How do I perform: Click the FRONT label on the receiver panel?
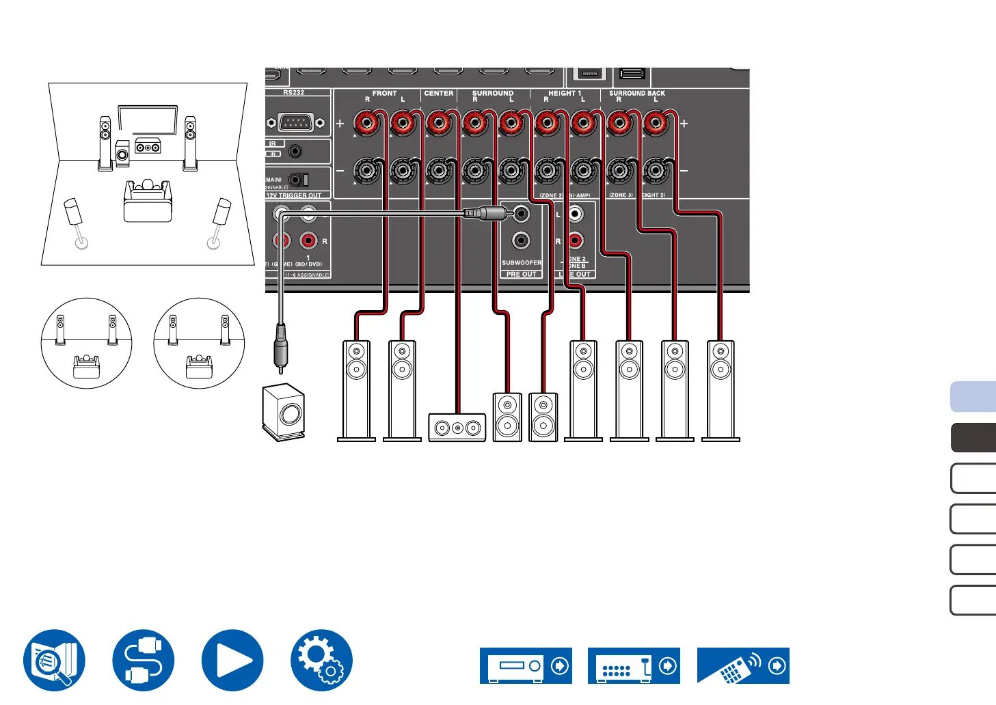pyautogui.click(x=384, y=93)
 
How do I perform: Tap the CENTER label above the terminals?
pyautogui.click(x=439, y=93)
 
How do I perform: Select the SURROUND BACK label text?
pyautogui.click(x=636, y=93)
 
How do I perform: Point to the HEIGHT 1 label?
pyautogui.click(x=565, y=93)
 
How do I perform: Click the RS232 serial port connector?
pyautogui.click(x=295, y=123)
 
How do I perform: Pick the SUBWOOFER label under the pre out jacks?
pyautogui.click(x=522, y=262)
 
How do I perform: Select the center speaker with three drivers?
pyautogui.click(x=457, y=428)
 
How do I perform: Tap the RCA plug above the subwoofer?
pyautogui.click(x=280, y=348)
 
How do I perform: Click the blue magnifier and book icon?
pyautogui.click(x=54, y=660)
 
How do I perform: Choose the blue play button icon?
pyautogui.click(x=232, y=660)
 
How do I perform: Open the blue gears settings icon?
pyautogui.click(x=321, y=660)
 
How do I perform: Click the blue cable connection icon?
pyautogui.click(x=144, y=660)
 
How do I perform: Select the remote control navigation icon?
pyautogui.click(x=743, y=666)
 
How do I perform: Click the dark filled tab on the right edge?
pyautogui.click(x=973, y=438)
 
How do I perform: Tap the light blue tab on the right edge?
pyautogui.click(x=973, y=397)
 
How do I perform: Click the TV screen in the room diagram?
pyautogui.click(x=148, y=118)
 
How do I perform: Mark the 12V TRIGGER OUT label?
pyautogui.click(x=294, y=195)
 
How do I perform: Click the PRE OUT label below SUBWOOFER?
pyautogui.click(x=522, y=274)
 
